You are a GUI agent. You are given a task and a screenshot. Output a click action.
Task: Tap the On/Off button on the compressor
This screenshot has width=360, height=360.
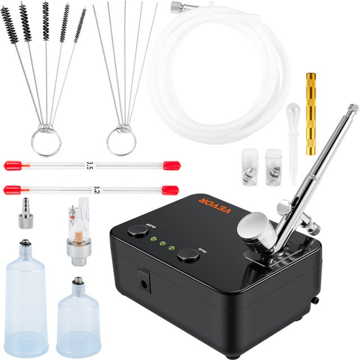(x=138, y=231)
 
